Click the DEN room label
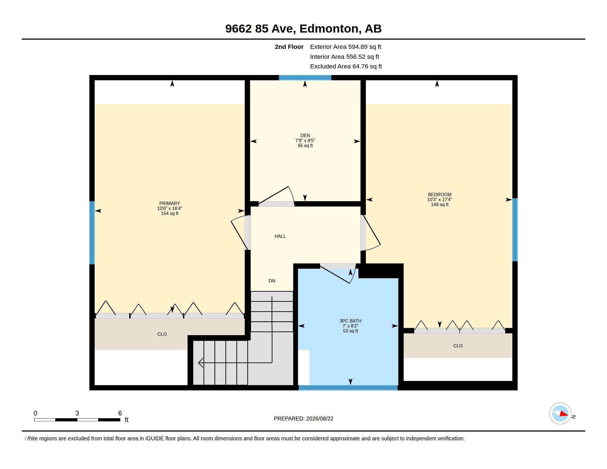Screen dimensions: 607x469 (305, 135)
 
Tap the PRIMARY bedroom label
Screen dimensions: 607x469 (169, 203)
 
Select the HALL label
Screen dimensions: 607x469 (280, 236)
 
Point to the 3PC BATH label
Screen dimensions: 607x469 (350, 321)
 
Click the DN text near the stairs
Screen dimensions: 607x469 (272, 281)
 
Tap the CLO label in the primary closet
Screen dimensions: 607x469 (162, 334)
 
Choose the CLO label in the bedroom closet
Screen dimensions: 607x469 (458, 346)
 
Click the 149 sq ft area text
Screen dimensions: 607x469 (440, 204)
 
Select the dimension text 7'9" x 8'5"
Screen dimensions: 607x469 (305, 141)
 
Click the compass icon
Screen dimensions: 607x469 (560, 414)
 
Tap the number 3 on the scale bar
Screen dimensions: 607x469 (77, 413)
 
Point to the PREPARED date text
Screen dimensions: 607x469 (303, 419)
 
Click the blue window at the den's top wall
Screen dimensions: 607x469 (305, 78)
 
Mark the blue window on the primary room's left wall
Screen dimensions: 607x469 (92, 233)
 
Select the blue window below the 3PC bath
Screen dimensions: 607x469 (348, 388)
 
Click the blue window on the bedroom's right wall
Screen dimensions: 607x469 (515, 230)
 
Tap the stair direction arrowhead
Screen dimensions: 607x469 (201, 363)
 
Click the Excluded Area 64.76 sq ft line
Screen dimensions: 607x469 (346, 66)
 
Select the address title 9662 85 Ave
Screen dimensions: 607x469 (260, 29)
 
